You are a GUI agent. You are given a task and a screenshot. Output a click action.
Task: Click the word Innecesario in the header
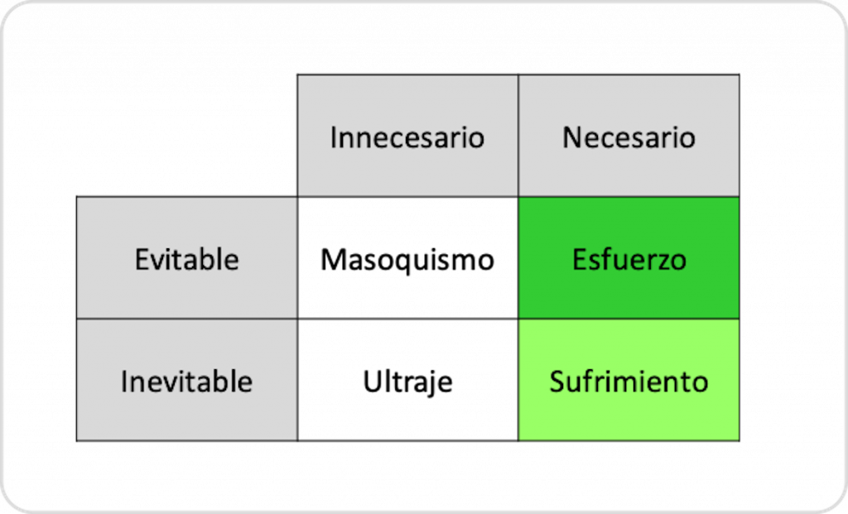coord(407,137)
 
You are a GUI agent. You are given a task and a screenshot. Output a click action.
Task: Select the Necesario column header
coord(629,136)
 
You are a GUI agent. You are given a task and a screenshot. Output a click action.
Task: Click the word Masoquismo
coord(407,261)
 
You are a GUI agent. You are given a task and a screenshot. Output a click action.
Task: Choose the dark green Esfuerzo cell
coord(629,257)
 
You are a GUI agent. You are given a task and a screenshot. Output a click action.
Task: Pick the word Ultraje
coord(407,382)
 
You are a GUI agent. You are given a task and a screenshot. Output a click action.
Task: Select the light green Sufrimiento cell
coord(629,380)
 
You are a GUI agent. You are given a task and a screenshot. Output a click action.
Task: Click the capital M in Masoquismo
coord(334,259)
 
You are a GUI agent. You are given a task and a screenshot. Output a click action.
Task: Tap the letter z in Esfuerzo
coord(659,262)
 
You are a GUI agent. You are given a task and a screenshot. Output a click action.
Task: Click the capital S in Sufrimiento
coord(559,382)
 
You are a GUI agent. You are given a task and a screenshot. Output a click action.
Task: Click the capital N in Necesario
coord(573,137)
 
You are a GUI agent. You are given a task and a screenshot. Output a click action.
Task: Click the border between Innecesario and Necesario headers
coord(518,136)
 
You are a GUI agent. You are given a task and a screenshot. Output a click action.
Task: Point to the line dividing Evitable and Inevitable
coord(187,319)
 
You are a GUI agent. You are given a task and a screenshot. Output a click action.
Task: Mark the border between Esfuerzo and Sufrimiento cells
coord(629,319)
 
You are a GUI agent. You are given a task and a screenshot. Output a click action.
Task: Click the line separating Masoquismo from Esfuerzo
coord(518,257)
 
